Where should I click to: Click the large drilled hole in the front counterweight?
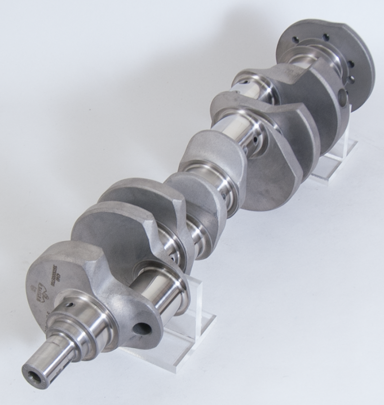pyautogui.click(x=143, y=329)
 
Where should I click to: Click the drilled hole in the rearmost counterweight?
pyautogui.click(x=343, y=98)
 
